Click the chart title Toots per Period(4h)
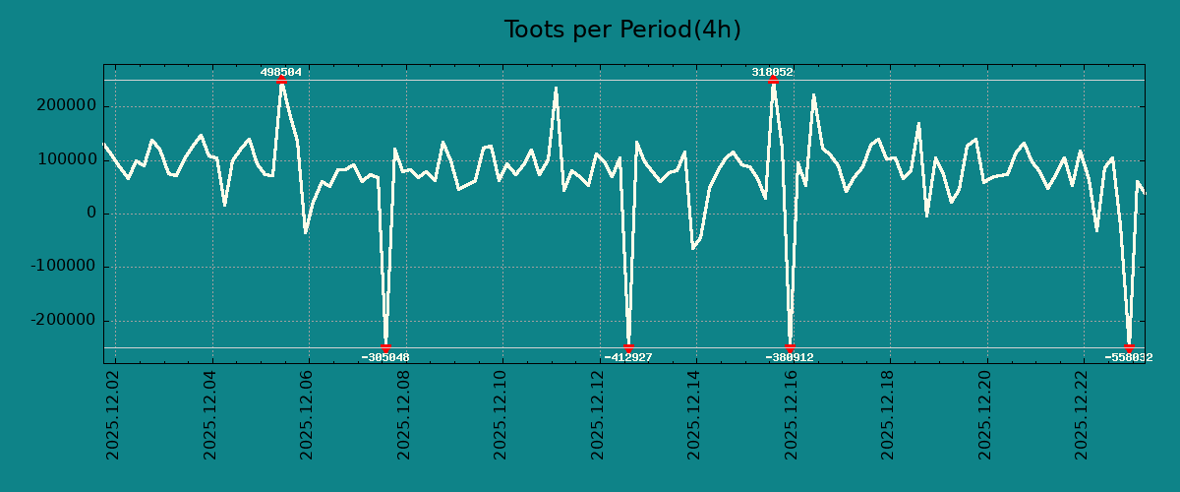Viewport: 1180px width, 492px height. coord(622,30)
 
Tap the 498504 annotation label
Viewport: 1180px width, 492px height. coord(281,72)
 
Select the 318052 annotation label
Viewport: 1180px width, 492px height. coord(773,72)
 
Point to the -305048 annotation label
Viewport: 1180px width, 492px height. coord(385,357)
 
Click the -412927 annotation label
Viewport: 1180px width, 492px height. coord(628,357)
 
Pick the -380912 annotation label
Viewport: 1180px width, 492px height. coord(790,357)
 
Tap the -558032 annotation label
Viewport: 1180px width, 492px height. coord(1129,357)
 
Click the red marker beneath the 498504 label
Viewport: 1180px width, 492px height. coord(281,81)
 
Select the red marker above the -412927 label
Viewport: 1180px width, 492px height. coord(628,347)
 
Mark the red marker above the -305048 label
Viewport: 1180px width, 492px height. coord(385,347)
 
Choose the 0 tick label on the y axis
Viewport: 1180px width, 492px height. coord(92,214)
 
